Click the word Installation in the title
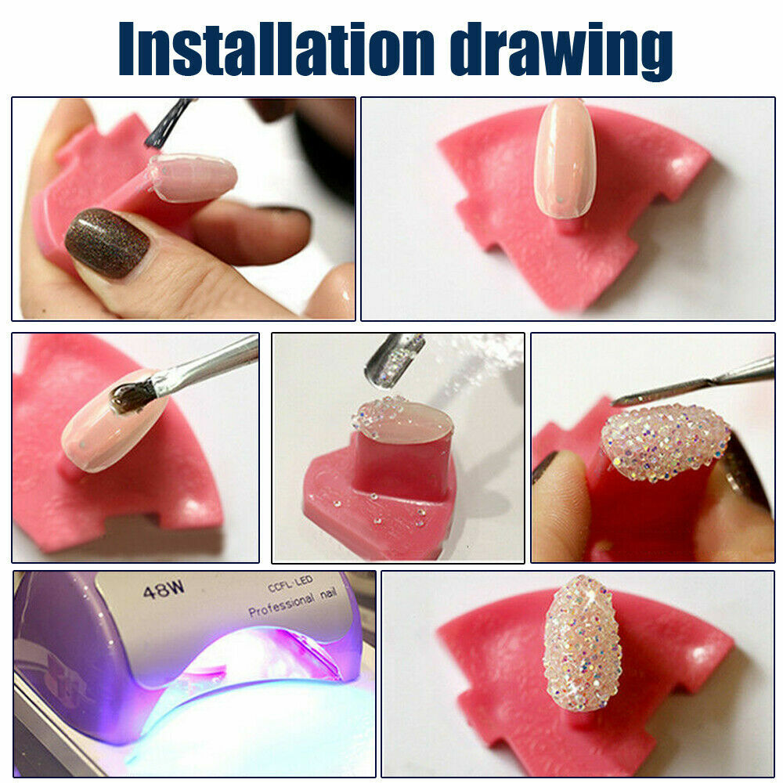click(276, 49)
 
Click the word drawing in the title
click(561, 52)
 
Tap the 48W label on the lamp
click(164, 590)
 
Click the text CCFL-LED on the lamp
click(290, 583)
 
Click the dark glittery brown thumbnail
click(107, 244)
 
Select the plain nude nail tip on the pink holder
click(565, 158)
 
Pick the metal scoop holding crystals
click(395, 358)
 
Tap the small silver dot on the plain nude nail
click(561, 200)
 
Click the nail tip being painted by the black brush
click(192, 176)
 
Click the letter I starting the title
click(127, 49)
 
